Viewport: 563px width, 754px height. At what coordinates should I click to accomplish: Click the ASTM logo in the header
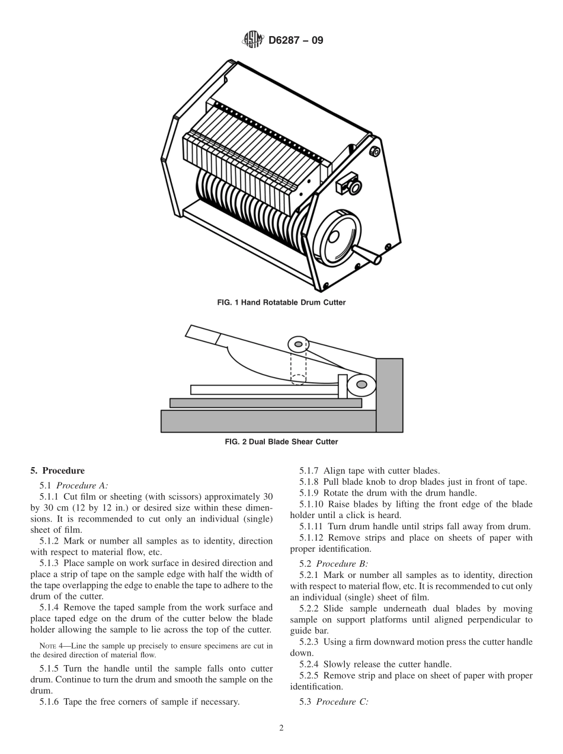253,41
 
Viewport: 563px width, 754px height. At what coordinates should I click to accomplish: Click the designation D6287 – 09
296,41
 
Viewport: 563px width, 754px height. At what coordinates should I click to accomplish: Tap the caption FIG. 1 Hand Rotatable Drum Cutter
281,302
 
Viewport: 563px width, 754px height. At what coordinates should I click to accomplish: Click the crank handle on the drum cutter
371,256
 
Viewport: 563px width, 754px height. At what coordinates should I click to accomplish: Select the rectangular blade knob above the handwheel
348,185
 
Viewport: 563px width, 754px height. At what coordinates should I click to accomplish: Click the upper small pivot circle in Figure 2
299,344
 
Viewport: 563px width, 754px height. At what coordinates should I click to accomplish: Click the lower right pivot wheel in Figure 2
362,385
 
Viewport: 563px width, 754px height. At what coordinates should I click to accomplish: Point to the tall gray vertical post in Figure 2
389,395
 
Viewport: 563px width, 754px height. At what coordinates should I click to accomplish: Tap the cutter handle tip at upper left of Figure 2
196,333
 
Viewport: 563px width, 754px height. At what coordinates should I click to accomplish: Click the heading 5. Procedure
57,471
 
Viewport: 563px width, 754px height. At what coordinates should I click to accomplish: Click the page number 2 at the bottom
281,729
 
